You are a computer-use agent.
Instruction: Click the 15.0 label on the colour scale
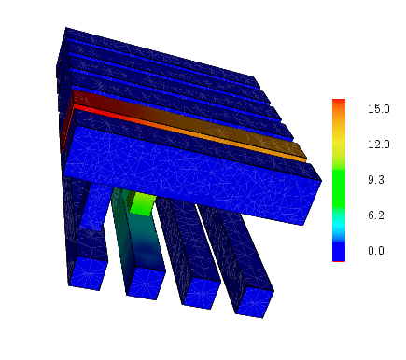tap(379, 109)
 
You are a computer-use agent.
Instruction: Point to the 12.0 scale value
tap(379, 145)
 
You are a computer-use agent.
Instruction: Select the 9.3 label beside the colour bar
tap(376, 180)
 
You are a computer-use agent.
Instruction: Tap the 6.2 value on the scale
tap(376, 215)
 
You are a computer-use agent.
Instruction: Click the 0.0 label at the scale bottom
tap(376, 251)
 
